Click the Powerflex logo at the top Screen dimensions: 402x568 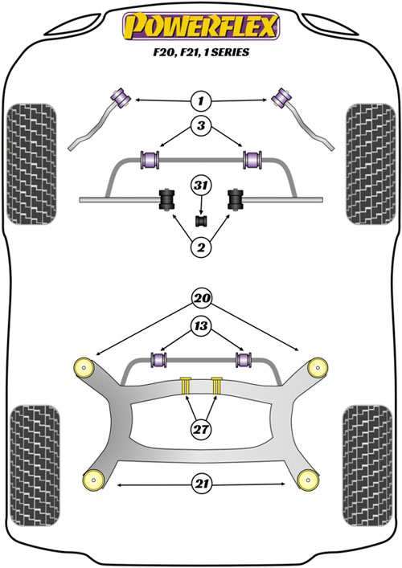coord(201,26)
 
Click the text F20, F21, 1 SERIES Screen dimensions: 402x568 coord(201,52)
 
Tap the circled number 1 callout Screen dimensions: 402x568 coord(201,100)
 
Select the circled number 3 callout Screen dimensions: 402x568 coord(201,125)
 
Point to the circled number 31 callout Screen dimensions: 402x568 coord(201,186)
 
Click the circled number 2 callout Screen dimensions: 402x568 coord(201,247)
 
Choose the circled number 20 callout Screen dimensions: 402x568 coord(202,298)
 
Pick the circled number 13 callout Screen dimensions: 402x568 coord(201,326)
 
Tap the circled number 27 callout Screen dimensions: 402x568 coord(201,430)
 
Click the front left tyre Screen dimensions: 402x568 coord(32,164)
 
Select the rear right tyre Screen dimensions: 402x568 coord(367,466)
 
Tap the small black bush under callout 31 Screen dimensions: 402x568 coord(201,221)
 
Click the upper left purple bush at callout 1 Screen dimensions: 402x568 coord(121,98)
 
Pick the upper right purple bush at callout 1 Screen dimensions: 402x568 coord(281,98)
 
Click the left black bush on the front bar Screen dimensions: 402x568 coord(167,199)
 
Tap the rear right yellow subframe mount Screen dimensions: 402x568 coord(309,480)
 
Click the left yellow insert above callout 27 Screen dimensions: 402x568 coord(186,386)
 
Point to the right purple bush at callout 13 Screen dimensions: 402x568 coord(244,360)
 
